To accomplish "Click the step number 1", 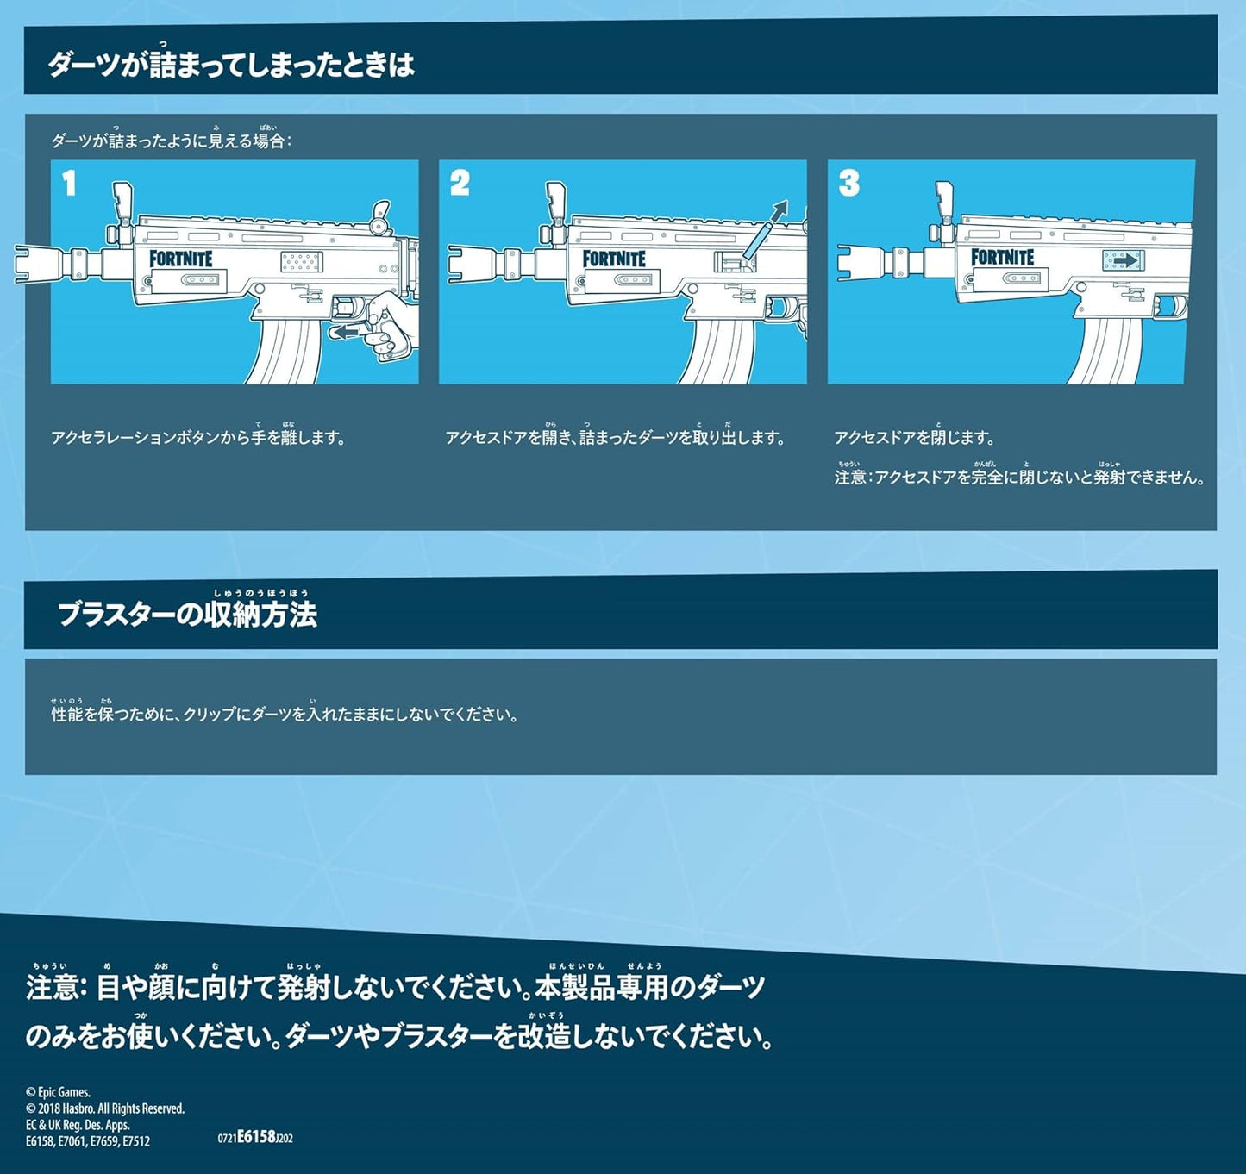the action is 69,184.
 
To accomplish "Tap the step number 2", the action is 460,184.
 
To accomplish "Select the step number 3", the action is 848,184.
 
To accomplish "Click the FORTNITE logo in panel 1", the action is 181,259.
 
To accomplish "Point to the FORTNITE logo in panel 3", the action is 1003,257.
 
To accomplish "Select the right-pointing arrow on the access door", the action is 1123,259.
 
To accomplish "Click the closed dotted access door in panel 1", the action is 302,262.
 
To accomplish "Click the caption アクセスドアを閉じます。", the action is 914,437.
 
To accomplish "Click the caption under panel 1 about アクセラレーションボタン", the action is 198,437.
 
